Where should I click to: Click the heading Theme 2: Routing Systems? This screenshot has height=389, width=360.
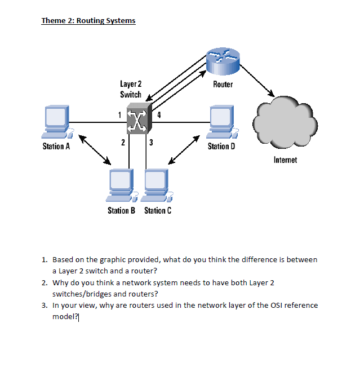tap(88, 21)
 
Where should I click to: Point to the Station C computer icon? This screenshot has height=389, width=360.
tap(157, 185)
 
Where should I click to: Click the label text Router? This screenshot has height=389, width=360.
tap(223, 85)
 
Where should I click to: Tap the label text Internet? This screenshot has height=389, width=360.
tap(285, 160)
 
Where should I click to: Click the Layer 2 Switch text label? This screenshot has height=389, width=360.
tap(131, 89)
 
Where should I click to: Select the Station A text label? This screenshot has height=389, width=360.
tap(56, 147)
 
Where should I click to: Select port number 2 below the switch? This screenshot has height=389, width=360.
tap(123, 142)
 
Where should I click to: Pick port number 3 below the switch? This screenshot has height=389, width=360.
tap(152, 142)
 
